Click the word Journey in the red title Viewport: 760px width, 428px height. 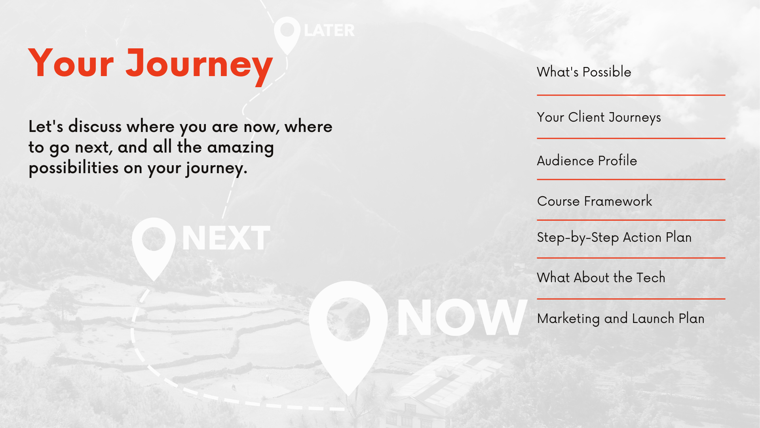(x=199, y=64)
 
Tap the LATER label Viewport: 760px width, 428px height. (x=329, y=31)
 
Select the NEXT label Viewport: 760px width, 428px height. (x=226, y=238)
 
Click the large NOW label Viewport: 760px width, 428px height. (x=462, y=317)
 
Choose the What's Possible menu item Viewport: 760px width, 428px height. (x=584, y=72)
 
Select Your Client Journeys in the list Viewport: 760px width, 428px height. (x=599, y=117)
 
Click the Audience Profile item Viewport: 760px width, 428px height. (x=587, y=160)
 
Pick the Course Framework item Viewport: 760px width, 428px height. (x=595, y=201)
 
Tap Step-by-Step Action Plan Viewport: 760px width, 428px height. (x=614, y=237)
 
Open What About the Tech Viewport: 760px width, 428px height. (x=601, y=277)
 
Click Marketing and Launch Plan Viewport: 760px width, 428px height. (x=621, y=319)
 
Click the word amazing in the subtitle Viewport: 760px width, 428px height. (x=240, y=147)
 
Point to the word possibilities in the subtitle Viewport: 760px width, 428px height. (x=74, y=168)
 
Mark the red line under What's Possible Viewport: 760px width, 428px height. (x=631, y=95)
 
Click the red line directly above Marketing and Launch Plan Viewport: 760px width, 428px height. (x=631, y=299)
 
